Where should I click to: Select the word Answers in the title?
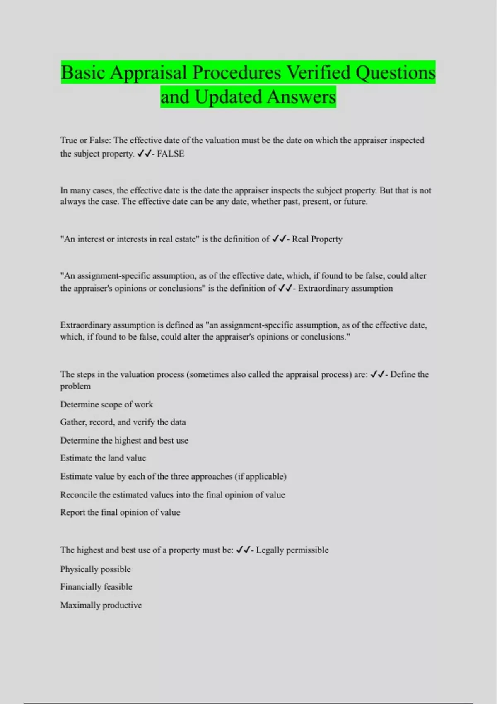coord(301,97)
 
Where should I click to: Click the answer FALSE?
coord(170,154)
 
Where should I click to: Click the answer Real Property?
coord(317,239)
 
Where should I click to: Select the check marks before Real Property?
coord(279,239)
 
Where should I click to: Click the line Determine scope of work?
coord(106,404)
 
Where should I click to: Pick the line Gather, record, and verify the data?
coord(123,422)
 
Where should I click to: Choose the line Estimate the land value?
coord(103,458)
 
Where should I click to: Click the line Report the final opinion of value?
coord(120,512)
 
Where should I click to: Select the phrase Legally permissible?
coord(292,550)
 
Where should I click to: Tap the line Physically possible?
coord(95,569)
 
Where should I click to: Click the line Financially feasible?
coord(96,587)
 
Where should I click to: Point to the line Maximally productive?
coord(101,605)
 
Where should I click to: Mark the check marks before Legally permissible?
coord(243,550)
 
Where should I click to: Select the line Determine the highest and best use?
coord(124,440)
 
